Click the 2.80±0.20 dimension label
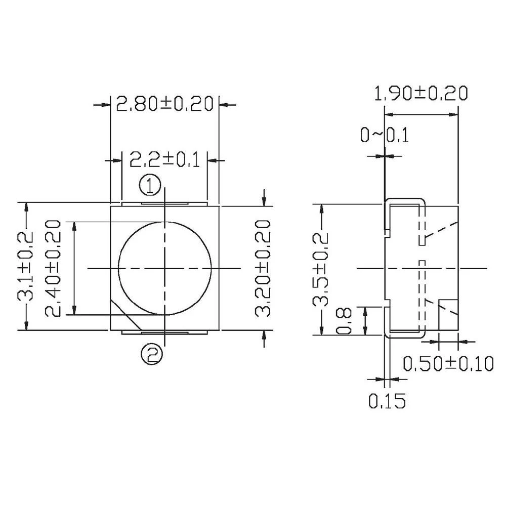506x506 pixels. (164, 104)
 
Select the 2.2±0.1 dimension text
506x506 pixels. (164, 160)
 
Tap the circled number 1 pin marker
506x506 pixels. (150, 186)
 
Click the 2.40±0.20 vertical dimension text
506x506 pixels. (53, 268)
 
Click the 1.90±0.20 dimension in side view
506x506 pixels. (420, 94)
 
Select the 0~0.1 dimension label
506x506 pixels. (384, 136)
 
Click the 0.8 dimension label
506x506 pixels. (344, 321)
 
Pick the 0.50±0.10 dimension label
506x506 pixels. (448, 363)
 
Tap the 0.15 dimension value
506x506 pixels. (387, 401)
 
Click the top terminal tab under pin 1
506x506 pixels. (164, 203)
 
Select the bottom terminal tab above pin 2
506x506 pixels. (164, 332)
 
